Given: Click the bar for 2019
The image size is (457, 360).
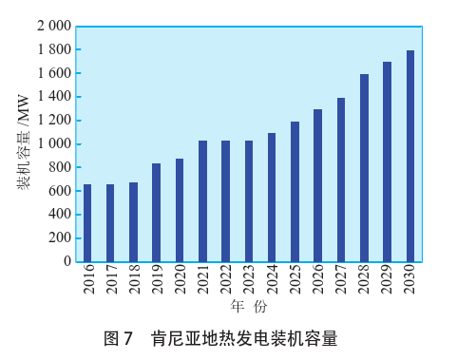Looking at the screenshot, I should coord(157,212).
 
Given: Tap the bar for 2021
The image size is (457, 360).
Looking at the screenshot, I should coord(202,200).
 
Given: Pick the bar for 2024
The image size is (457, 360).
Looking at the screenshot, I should coord(272,197).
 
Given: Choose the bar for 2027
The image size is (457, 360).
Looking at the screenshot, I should coord(341,180).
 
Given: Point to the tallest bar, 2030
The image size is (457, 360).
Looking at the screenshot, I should coord(410,156).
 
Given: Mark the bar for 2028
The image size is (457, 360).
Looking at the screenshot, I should coord(364,167).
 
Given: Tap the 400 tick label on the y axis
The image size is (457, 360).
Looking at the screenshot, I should coord(59,215).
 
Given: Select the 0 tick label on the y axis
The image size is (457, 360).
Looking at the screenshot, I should coord(67,261).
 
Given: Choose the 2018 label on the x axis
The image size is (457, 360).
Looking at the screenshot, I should coord(134,283).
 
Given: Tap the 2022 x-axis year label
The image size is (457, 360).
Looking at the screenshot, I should coord(226,283).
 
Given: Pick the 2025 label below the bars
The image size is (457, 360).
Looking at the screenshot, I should coord(295,283).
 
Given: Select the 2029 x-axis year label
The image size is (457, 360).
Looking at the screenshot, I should coord(388,283).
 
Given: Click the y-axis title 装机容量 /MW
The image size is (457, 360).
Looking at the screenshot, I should coord(24,143).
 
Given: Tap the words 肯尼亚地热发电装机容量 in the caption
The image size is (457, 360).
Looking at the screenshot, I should coord(244,338).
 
